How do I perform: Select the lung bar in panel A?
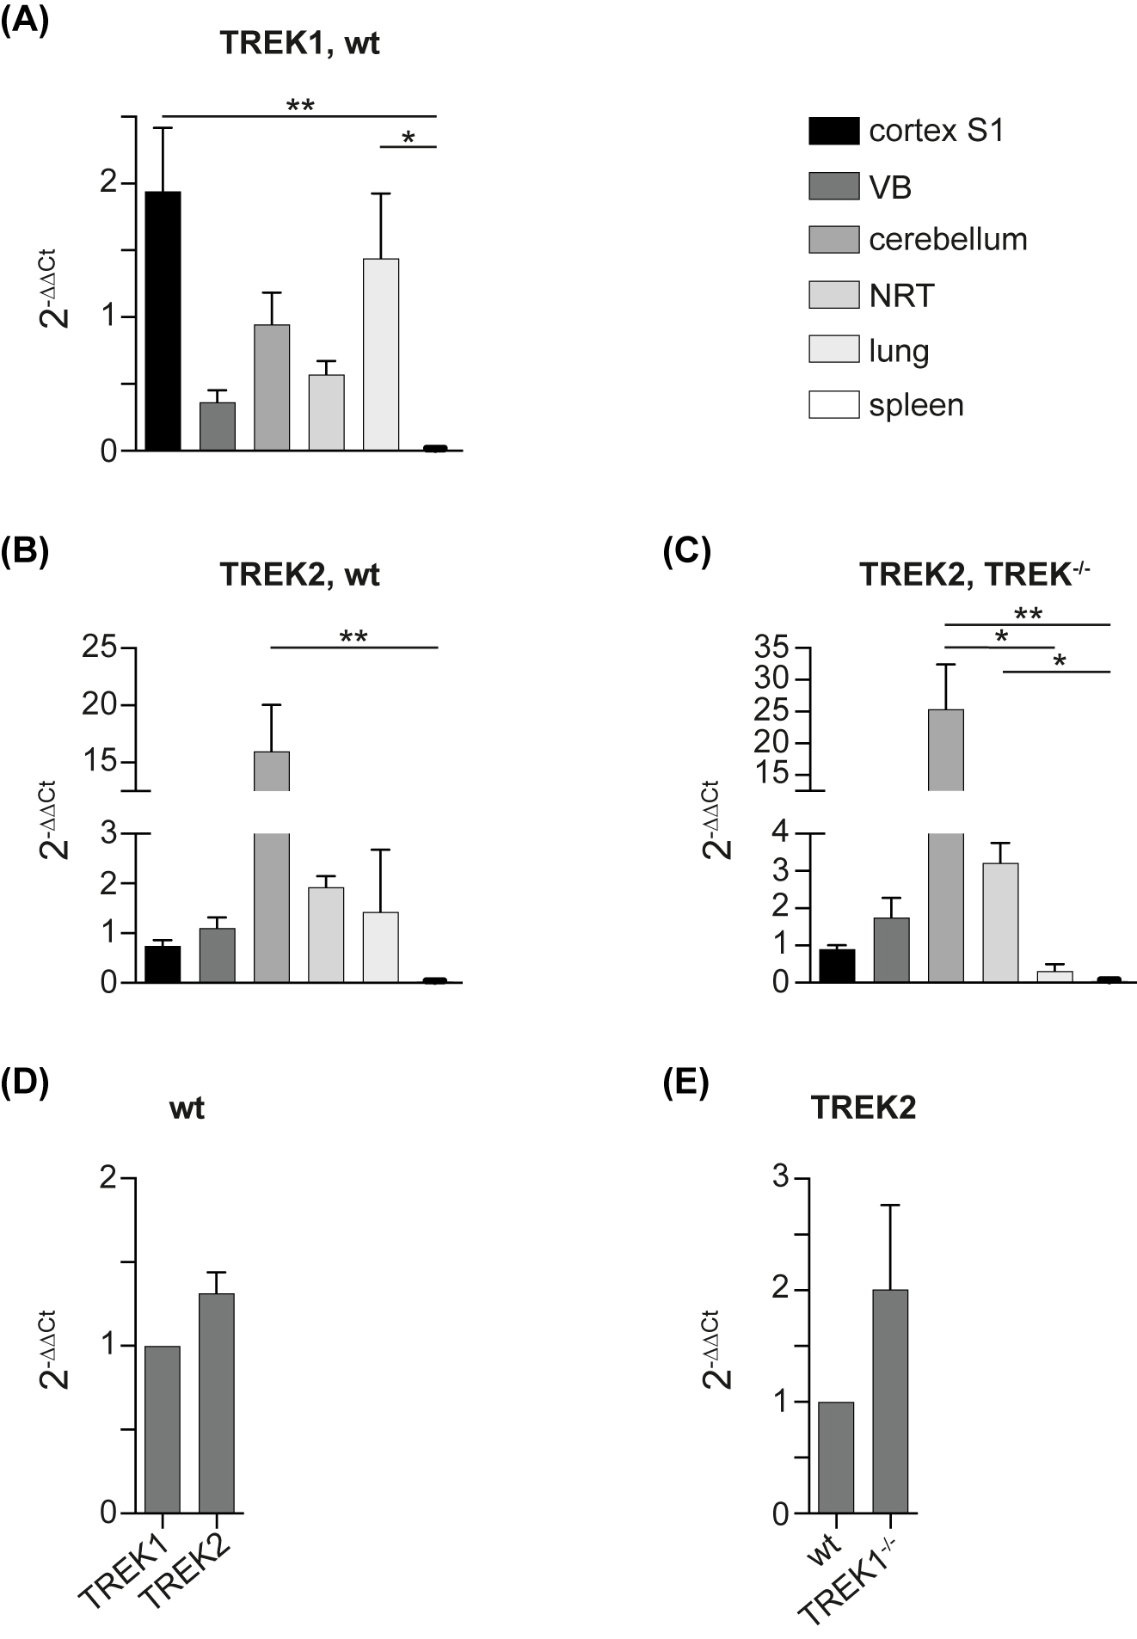coord(381,354)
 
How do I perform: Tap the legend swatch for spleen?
coord(833,405)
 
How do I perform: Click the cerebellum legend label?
coord(947,239)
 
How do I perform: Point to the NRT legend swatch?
coord(833,295)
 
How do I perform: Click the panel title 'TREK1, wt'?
coord(299,44)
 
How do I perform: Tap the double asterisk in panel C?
coord(1029,614)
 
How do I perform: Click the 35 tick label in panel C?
coord(771,648)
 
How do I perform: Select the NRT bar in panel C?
coord(1000,922)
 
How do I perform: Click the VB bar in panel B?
coord(218,955)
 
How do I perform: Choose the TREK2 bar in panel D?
coord(217,1403)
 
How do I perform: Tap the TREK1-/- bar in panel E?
coord(890,1401)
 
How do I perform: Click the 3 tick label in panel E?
coord(780,1178)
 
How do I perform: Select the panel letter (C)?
coord(686,553)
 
